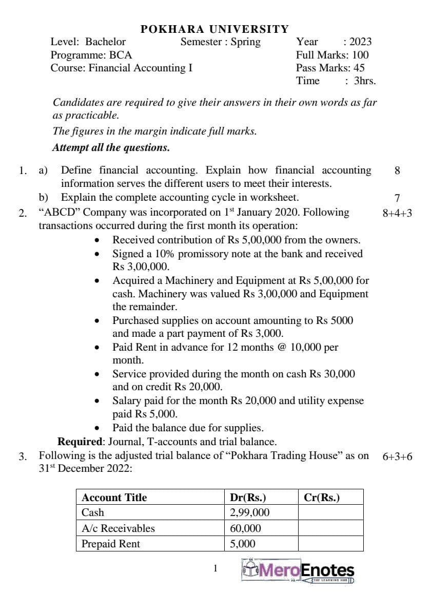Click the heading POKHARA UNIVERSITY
pos(215,29)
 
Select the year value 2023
pos(360,42)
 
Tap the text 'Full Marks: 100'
pos(332,55)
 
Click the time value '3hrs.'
pos(364,81)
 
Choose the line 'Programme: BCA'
pos(84,55)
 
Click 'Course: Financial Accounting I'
pos(121,68)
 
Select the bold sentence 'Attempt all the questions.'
pos(111,148)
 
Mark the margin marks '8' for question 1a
pos(397,170)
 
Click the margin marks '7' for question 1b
pos(397,198)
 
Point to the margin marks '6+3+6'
pos(397,456)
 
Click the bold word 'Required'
pos(80,442)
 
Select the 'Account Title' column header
pos(114,498)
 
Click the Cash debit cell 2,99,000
pos(250,512)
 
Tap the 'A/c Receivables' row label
pos(118,528)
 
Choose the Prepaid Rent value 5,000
pos(243,544)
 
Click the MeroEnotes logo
pos(298,570)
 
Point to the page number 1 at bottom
pos(215,568)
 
